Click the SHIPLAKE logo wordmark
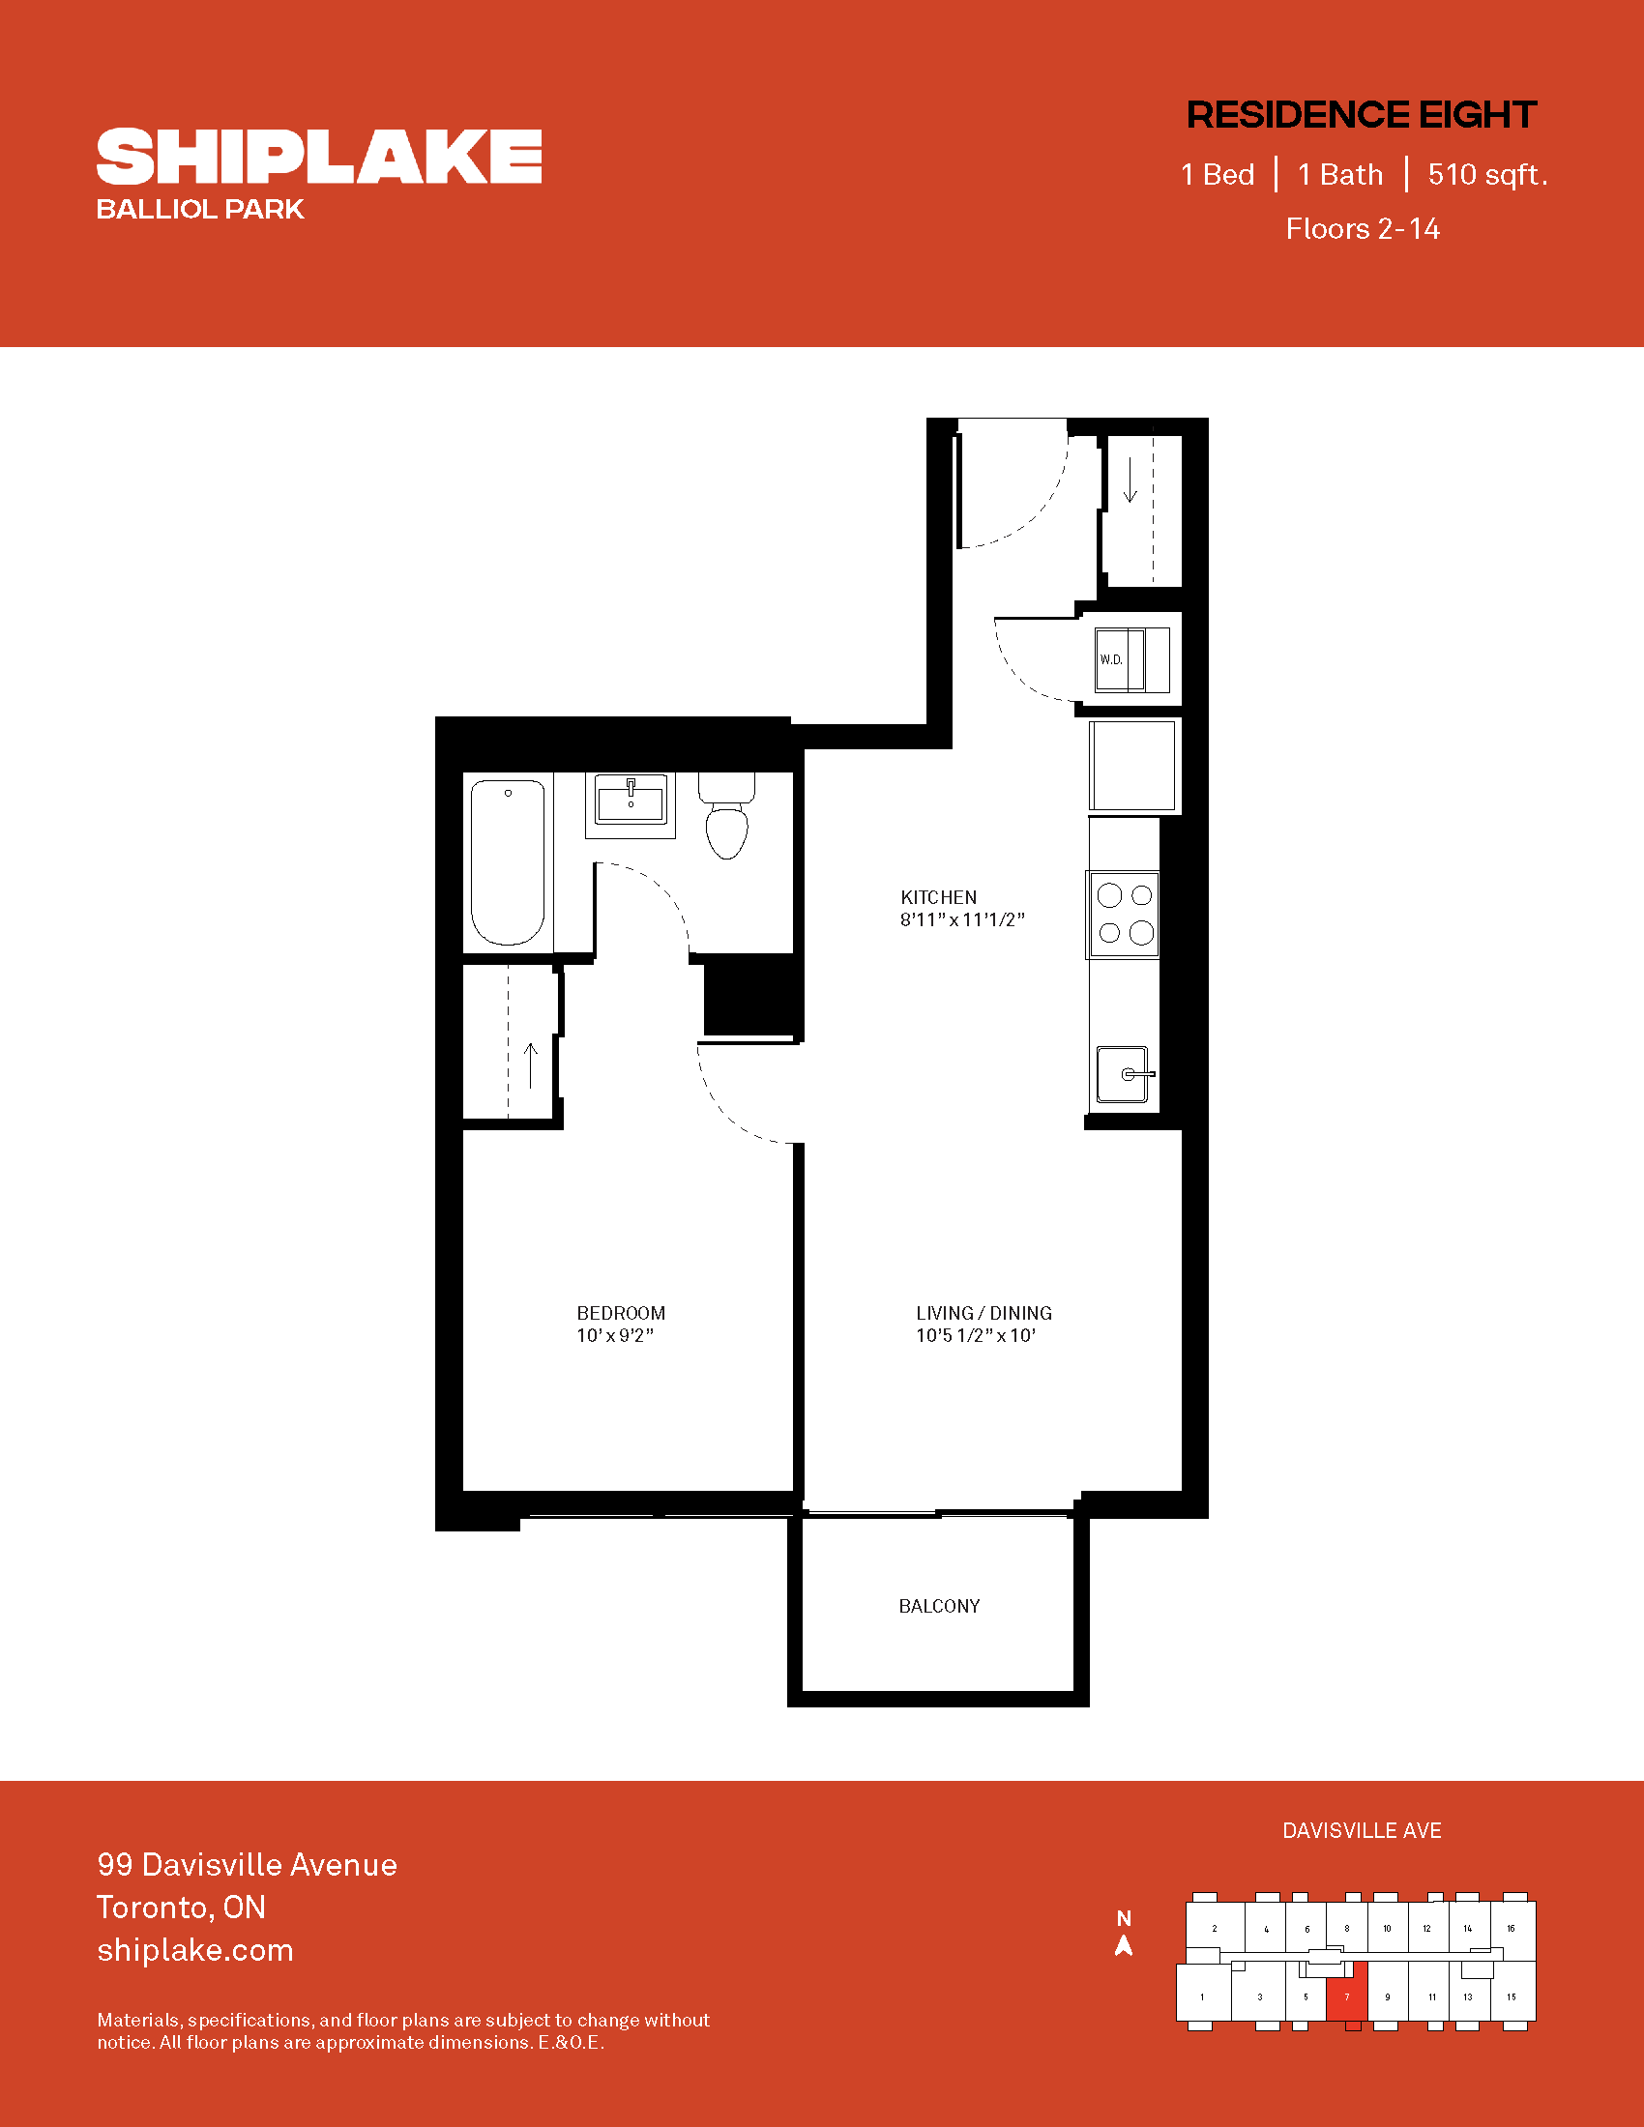[318, 156]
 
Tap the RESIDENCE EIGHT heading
[1362, 115]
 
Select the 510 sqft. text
[1487, 174]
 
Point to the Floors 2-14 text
[1363, 228]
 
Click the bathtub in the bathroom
[508, 861]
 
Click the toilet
[726, 816]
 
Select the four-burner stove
[1124, 915]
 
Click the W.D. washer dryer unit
[1131, 660]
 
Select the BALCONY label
[939, 1606]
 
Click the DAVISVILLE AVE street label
[1362, 1831]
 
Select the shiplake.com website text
[194, 1951]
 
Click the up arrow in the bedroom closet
[531, 1065]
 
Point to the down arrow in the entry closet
[1130, 481]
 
